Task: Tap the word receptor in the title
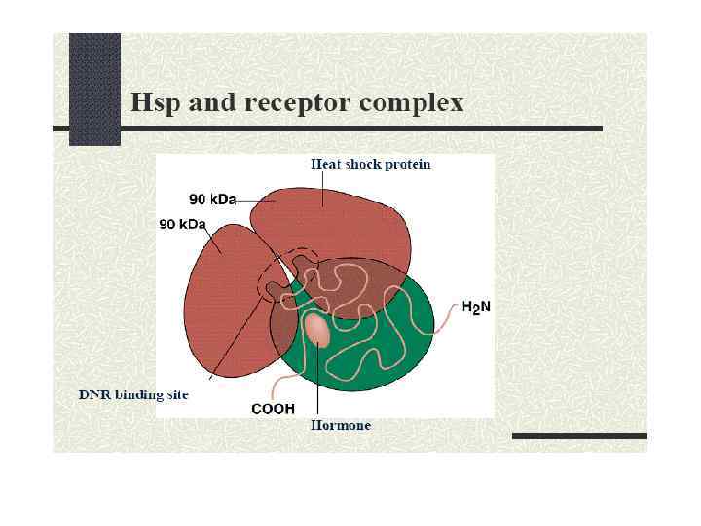pyautogui.click(x=298, y=102)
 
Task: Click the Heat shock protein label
pyautogui.click(x=370, y=164)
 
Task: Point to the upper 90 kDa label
pyautogui.click(x=212, y=199)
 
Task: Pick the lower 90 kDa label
pyautogui.click(x=182, y=224)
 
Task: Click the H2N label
pyautogui.click(x=476, y=306)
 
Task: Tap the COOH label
pyautogui.click(x=274, y=409)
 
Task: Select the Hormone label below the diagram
pyautogui.click(x=340, y=426)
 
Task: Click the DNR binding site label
pyautogui.click(x=133, y=394)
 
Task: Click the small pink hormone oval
pyautogui.click(x=317, y=329)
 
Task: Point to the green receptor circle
pyautogui.click(x=399, y=351)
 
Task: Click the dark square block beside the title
pyautogui.click(x=94, y=88)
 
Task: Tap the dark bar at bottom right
pyautogui.click(x=579, y=435)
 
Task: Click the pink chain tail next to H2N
pyautogui.click(x=445, y=317)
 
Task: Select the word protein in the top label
pyautogui.click(x=408, y=164)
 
